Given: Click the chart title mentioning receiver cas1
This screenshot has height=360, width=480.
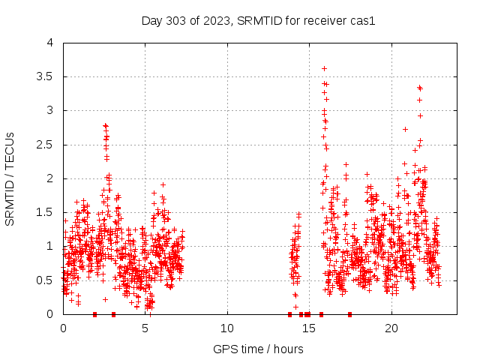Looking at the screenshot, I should (x=258, y=20).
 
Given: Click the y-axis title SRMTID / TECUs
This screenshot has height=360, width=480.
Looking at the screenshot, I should (x=10, y=178).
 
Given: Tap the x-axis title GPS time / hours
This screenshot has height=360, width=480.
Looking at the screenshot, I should (x=258, y=349).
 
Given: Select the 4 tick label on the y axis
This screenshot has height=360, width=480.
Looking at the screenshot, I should (x=52, y=43).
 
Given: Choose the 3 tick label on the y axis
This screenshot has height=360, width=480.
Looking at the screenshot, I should (x=52, y=110).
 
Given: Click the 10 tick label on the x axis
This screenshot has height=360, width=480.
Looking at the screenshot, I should (x=227, y=328).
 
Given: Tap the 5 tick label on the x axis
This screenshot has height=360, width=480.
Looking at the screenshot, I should (x=145, y=328).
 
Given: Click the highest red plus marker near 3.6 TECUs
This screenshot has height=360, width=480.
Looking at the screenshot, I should (x=324, y=68).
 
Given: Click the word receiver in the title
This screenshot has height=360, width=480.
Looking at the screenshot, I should (x=301, y=20).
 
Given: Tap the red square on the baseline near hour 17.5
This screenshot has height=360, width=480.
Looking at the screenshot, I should (x=349, y=314).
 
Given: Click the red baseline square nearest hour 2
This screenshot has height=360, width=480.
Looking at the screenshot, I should (x=94, y=314).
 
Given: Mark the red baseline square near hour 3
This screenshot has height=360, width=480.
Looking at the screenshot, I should (x=113, y=314).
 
